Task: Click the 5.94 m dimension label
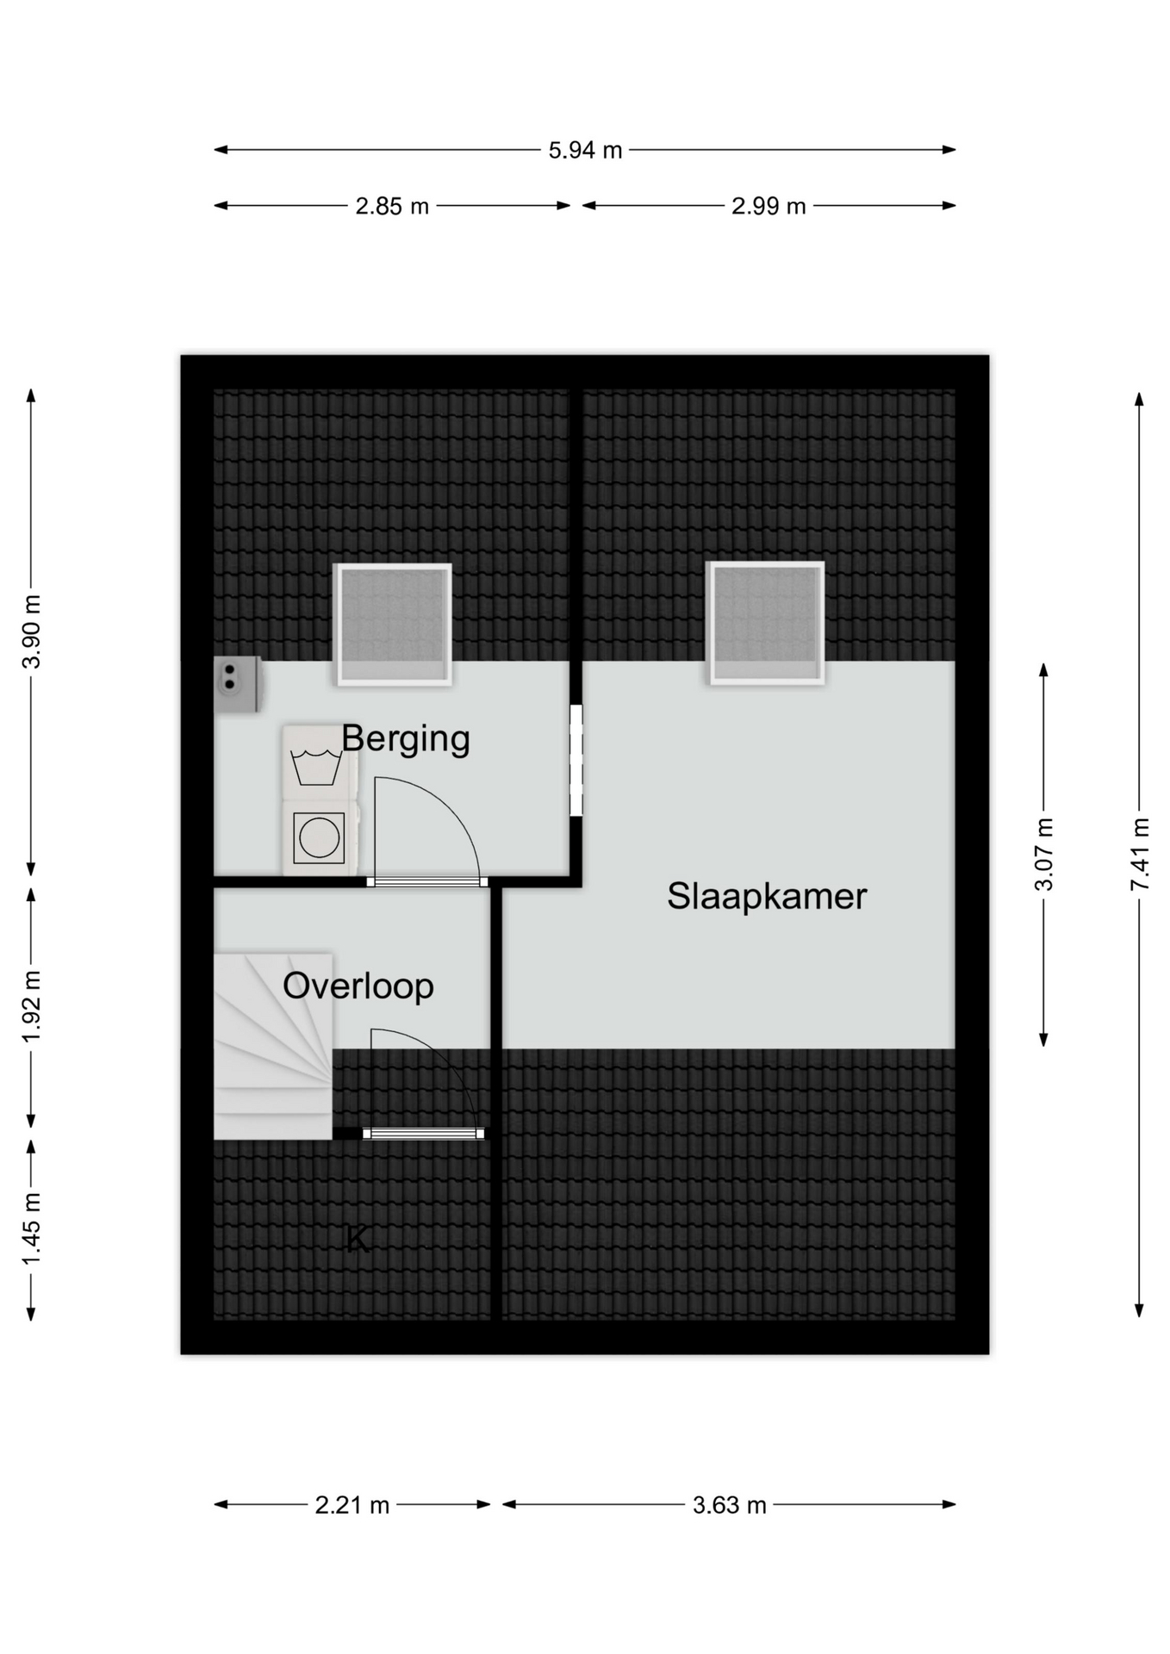585,150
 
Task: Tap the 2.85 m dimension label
392,207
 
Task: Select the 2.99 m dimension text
769,207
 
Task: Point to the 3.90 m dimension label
32,631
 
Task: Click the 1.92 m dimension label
32,1006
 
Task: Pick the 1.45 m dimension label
32,1228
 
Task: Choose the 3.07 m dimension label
1044,855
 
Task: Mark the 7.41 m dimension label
1140,855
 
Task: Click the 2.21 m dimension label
352,1506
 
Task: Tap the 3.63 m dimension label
730,1506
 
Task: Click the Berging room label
406,740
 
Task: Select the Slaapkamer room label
767,896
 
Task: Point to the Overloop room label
358,987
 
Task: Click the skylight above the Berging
393,625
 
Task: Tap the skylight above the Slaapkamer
765,623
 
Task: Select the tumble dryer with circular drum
320,838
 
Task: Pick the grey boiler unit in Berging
238,685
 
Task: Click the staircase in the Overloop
273,1046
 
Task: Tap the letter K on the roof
357,1240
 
